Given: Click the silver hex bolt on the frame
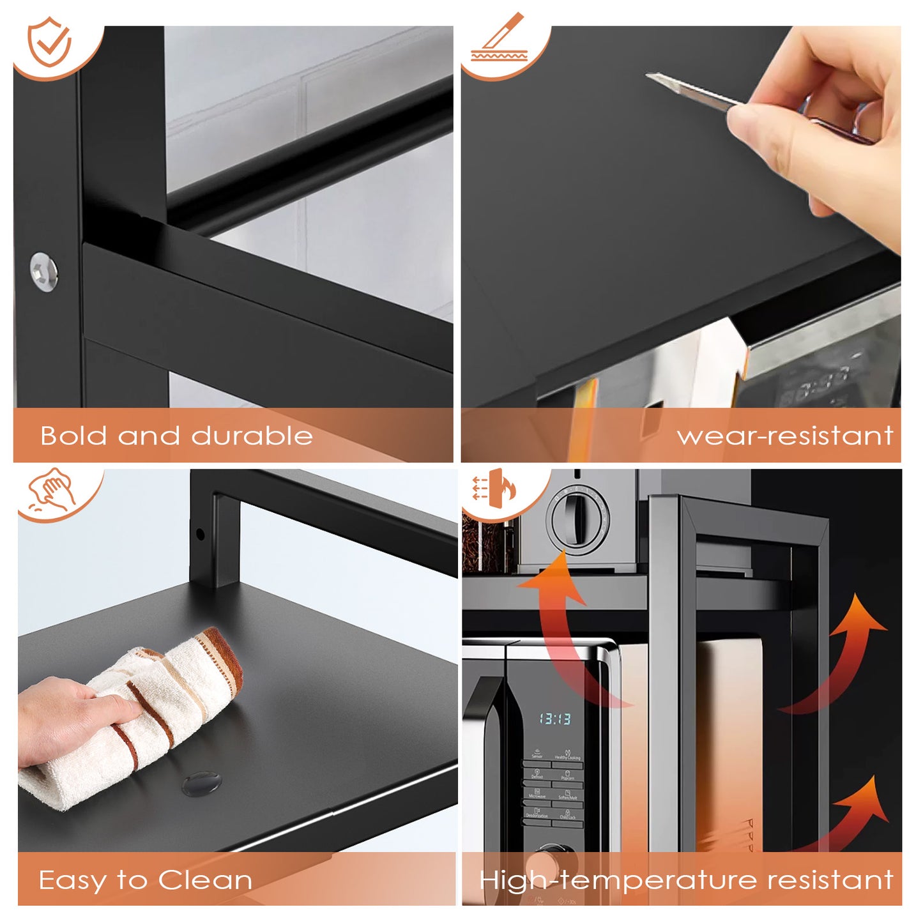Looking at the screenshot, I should pos(44,271).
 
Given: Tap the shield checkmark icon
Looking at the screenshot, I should pos(50,43).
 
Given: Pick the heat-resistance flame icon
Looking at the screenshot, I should pos(494,489).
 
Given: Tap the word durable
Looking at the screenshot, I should pos(252,436).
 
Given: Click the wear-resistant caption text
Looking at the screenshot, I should pos(784,436).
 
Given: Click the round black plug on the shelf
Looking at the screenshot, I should pos(201,782).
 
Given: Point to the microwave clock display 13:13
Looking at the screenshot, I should pos(554,719).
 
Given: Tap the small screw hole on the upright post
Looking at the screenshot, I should pos(201,534).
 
